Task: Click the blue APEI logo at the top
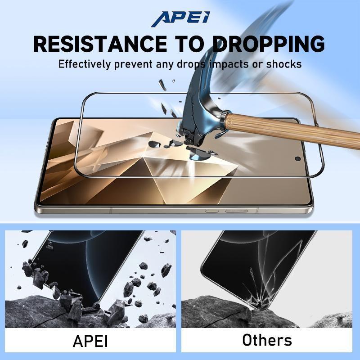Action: [180, 19]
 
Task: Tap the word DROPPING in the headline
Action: [268, 44]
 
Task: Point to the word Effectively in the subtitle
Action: [84, 64]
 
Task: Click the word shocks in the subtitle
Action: [284, 64]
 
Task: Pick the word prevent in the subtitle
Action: [133, 64]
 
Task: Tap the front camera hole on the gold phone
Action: [298, 158]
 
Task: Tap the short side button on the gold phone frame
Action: [212, 211]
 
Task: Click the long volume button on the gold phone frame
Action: [237, 211]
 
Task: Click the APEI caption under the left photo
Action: [90, 341]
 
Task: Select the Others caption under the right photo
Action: [267, 340]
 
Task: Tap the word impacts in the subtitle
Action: [229, 64]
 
